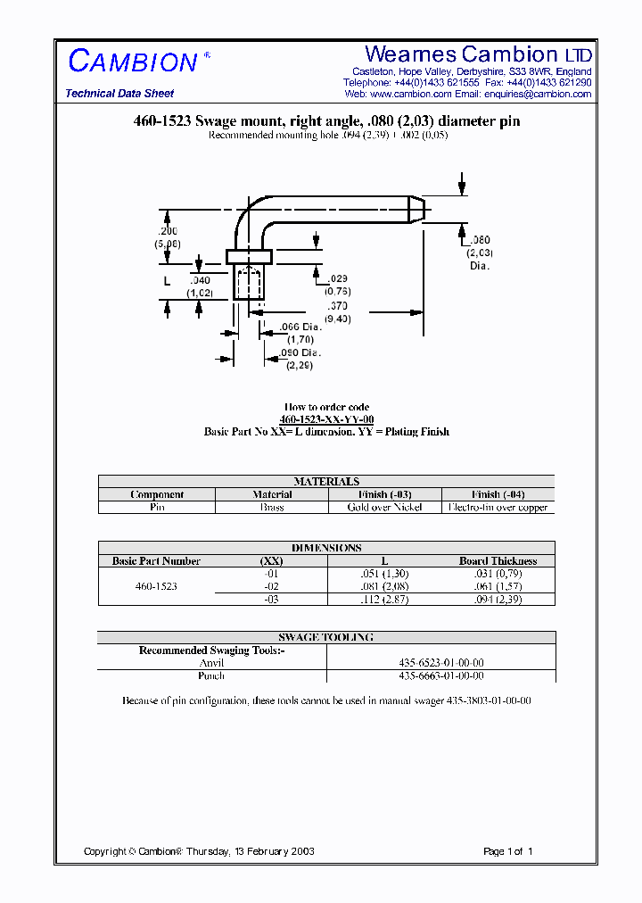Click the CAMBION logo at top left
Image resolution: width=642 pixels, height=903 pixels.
pos(133,62)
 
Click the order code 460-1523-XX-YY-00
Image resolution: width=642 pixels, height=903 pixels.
pos(326,419)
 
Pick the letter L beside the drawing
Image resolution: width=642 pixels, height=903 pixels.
pos(166,281)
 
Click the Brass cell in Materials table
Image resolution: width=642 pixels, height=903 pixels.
pos(272,507)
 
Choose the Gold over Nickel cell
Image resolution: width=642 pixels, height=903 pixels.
pos(385,507)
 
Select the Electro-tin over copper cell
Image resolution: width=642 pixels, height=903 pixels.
pos(498,507)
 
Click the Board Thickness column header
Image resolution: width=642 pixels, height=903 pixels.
pos(498,561)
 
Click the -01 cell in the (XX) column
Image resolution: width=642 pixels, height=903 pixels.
pos(272,574)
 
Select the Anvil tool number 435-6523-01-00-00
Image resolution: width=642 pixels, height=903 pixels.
pos(440,663)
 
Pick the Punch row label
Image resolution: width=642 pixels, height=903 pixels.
pos(211,675)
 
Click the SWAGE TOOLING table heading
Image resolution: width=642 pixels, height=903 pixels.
pos(326,637)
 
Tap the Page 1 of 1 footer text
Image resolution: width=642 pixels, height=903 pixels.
pos(507,851)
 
